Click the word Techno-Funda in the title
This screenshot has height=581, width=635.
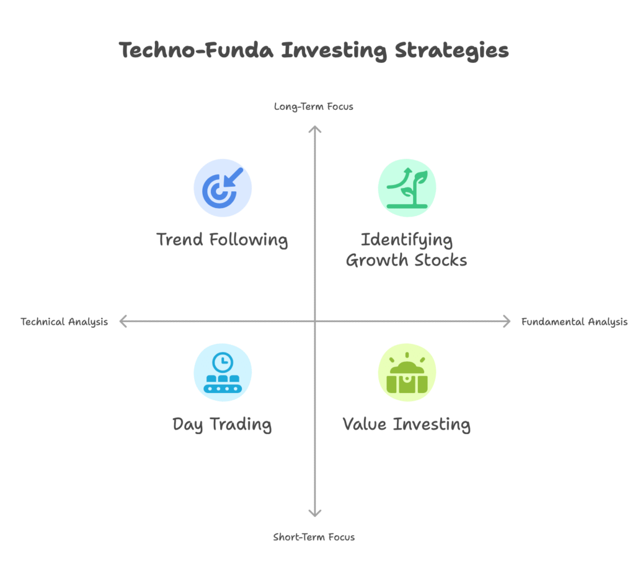click(x=196, y=50)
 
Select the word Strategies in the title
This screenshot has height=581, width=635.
click(x=451, y=51)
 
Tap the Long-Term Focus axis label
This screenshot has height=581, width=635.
click(x=313, y=107)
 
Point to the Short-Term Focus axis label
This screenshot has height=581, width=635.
click(x=314, y=537)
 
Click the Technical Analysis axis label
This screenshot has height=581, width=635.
click(x=64, y=322)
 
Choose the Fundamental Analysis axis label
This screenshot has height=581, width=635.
click(x=574, y=322)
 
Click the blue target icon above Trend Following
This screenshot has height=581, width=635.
click(x=223, y=187)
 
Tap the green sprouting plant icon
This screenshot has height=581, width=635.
click(x=407, y=187)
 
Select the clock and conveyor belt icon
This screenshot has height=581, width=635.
click(x=223, y=372)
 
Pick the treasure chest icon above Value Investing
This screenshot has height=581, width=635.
click(x=407, y=372)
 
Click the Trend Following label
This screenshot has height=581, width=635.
click(x=223, y=240)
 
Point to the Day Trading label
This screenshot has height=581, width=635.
click(x=222, y=425)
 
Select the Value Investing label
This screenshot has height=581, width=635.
click(x=407, y=425)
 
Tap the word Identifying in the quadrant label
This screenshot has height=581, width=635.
click(x=407, y=240)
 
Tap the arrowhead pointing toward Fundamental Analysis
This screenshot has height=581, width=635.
click(x=508, y=322)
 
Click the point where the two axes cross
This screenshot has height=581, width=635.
click(x=314, y=322)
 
